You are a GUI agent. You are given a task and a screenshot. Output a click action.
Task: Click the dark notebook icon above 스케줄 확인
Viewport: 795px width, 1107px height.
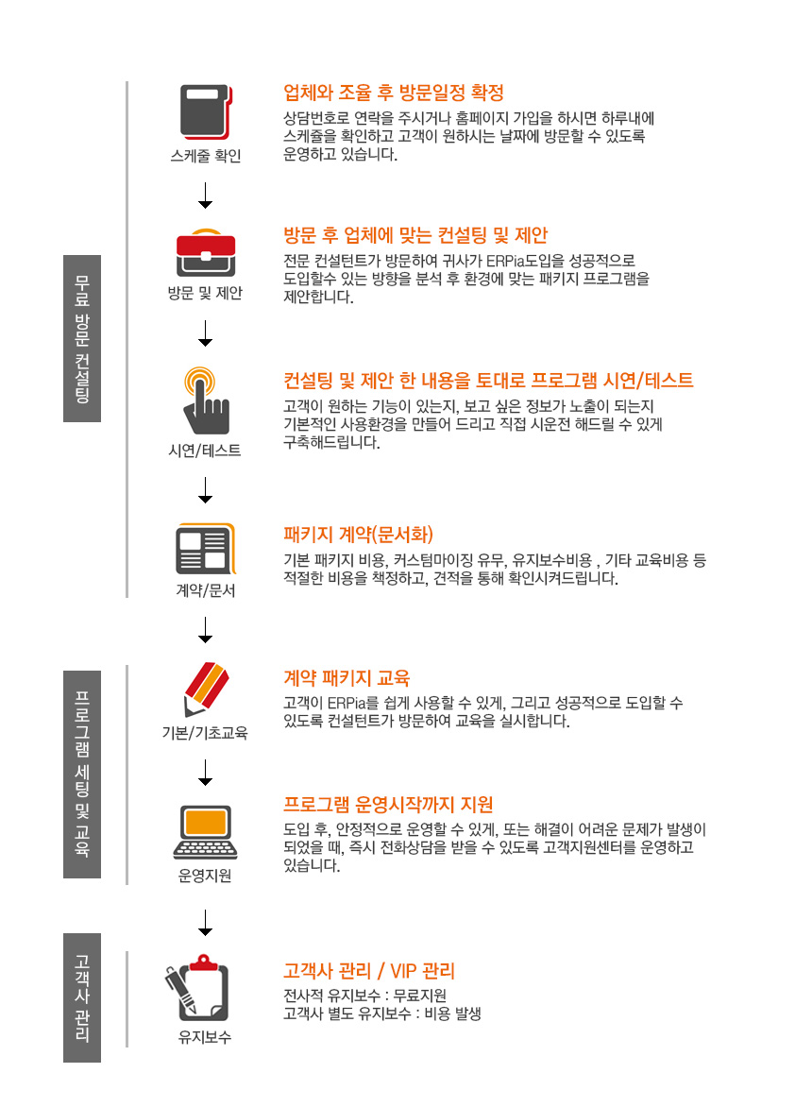click(206, 111)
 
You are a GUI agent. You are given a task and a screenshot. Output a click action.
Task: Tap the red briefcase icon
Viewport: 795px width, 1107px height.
click(206, 252)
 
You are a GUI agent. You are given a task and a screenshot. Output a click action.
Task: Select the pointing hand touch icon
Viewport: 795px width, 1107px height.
click(205, 400)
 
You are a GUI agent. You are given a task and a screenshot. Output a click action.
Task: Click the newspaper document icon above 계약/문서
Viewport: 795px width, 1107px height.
click(206, 549)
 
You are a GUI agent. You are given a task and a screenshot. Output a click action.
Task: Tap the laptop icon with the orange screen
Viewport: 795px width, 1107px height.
click(206, 831)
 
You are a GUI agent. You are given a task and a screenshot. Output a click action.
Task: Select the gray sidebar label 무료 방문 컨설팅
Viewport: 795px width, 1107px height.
click(82, 338)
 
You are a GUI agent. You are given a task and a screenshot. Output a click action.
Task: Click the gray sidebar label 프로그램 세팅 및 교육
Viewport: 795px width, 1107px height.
click(82, 774)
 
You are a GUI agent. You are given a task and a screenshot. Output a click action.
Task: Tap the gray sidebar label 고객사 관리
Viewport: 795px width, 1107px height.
click(82, 997)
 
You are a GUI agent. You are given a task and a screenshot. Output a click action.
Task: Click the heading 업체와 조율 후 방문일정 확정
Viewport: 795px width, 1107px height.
click(394, 93)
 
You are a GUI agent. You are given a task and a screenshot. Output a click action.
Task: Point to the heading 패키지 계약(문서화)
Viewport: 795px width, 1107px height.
click(358, 535)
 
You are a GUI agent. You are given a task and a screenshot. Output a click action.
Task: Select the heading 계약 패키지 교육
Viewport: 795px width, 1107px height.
click(347, 678)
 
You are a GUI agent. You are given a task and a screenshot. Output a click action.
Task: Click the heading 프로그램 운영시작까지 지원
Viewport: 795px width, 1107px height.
click(388, 804)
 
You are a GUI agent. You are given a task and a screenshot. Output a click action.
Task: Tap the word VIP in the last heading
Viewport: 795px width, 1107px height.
click(404, 971)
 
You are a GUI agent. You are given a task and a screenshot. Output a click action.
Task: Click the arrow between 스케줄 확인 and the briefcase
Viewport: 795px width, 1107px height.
click(206, 196)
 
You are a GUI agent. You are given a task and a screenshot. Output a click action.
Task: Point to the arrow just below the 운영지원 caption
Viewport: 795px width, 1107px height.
click(206, 923)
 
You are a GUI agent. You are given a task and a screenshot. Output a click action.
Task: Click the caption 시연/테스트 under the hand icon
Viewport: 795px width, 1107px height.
click(205, 450)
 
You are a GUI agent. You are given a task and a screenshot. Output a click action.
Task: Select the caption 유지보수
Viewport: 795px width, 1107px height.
click(205, 1037)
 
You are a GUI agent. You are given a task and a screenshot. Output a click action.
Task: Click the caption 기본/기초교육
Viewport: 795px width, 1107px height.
click(205, 733)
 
